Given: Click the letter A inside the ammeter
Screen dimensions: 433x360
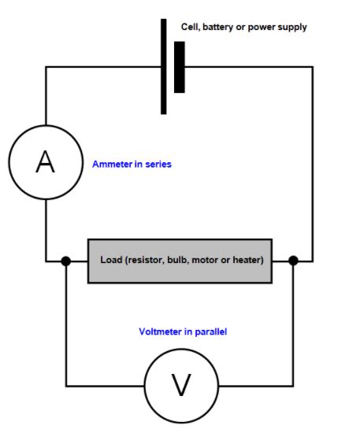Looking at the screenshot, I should coord(46,162).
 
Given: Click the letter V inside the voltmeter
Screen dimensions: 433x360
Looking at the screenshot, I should coord(181,385).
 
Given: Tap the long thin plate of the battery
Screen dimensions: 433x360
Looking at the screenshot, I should coord(164,67).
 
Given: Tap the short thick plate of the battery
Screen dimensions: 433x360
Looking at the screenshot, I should coord(180,67).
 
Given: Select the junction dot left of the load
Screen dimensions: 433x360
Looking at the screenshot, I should coord(66,261).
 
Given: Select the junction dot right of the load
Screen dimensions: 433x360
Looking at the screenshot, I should coord(294,261).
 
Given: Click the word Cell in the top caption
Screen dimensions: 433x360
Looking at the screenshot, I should coord(191,27).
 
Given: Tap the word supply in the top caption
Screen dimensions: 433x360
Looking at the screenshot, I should coord(292,27).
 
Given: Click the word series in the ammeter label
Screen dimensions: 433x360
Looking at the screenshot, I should coord(158,165).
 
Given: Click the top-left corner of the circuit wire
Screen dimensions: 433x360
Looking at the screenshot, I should coord(46,67).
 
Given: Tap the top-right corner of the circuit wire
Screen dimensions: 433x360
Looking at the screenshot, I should coord(313,67).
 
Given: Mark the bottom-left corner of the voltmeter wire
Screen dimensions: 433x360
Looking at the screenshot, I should coord(66,385).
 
